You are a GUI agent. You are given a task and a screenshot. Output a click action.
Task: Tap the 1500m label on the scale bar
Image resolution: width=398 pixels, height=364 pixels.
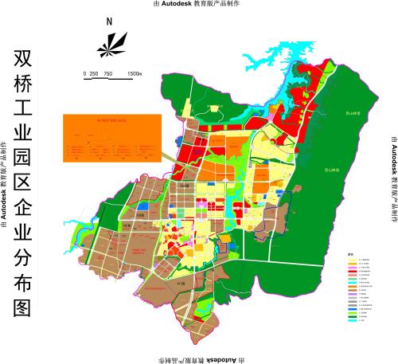point(134,73)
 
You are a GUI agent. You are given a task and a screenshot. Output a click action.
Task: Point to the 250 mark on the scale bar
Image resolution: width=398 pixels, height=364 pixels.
point(95,73)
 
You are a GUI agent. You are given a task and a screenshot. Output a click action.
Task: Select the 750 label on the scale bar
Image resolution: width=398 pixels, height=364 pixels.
point(107,73)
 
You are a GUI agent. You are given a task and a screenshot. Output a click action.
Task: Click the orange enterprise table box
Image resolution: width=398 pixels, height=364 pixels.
point(111,138)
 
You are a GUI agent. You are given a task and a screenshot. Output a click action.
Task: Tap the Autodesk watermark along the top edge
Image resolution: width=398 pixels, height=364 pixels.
point(199,4)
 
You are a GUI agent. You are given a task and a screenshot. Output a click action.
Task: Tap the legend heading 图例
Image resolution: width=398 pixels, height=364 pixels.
point(350,255)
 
